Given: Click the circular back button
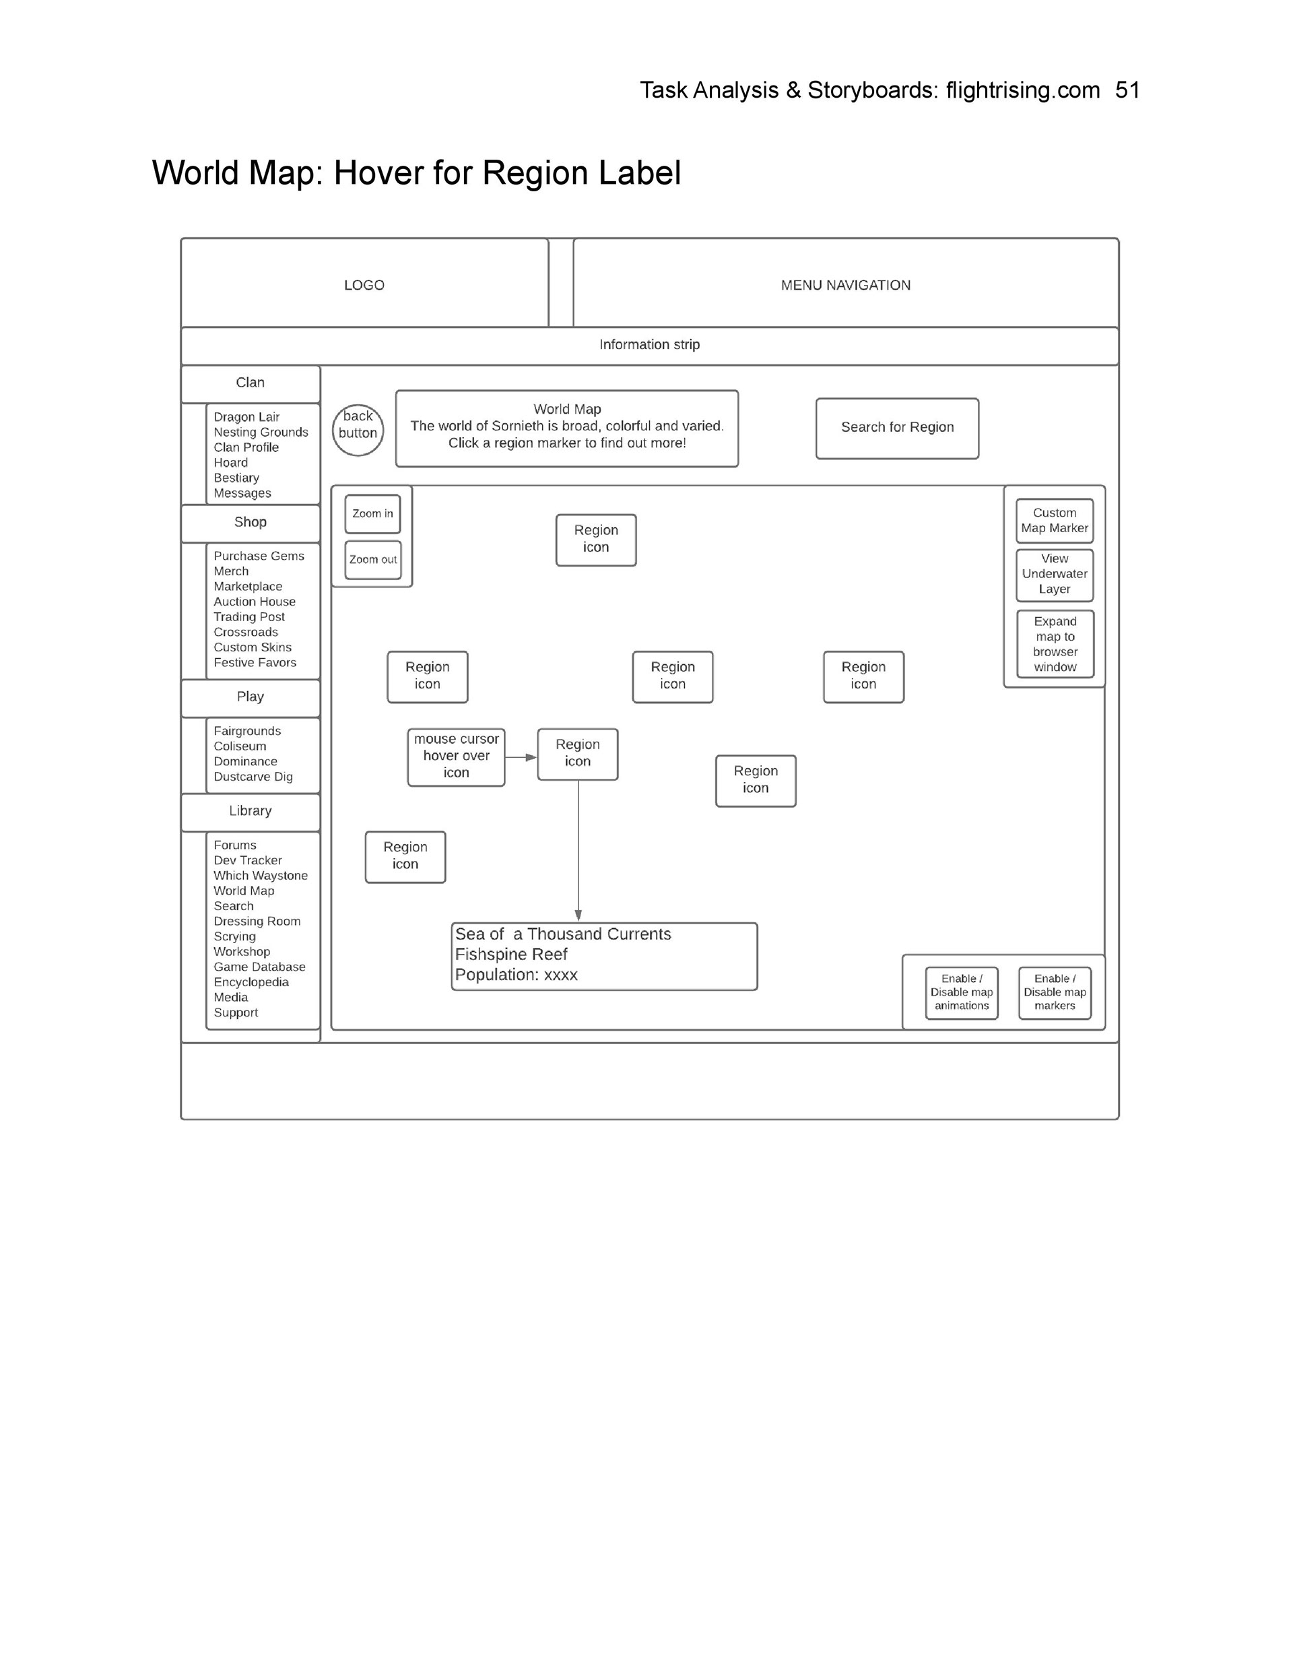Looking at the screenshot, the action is [358, 430].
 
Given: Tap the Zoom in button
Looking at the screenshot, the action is [372, 513].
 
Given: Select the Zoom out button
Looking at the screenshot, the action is [372, 560].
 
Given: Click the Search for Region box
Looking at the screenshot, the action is [897, 428].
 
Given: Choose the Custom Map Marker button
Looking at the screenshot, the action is [1054, 521].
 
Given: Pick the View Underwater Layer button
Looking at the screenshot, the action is [1054, 574].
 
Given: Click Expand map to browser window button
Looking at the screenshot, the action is [1055, 644].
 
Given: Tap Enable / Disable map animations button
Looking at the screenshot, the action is [961, 992].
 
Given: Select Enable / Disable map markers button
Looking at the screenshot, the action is [1055, 992].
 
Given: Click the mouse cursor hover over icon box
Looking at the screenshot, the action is [456, 756].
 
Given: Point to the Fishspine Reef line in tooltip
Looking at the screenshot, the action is [511, 955].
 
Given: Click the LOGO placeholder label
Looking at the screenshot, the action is [364, 285].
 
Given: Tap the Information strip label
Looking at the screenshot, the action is [649, 345].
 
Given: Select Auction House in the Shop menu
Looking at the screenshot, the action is [255, 602].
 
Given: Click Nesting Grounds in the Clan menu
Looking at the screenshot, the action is [261, 432].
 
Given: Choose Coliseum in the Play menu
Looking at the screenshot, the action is [240, 746].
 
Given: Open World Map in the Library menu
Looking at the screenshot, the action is [244, 891].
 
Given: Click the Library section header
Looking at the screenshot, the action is [250, 811].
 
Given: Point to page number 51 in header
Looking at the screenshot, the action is [1127, 90].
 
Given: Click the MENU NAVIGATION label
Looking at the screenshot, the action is [845, 285].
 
